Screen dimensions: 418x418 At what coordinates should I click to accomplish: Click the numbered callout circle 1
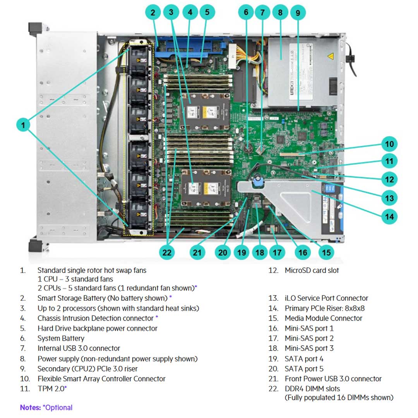pyautogui.click(x=24, y=125)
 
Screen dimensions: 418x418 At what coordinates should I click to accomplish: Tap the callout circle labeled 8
pyautogui.click(x=280, y=12)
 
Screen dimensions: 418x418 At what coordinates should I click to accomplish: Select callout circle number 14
pyautogui.click(x=389, y=216)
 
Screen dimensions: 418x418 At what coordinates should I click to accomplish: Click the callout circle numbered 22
pyautogui.click(x=167, y=252)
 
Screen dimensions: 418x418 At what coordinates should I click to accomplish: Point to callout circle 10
pyautogui.click(x=389, y=144)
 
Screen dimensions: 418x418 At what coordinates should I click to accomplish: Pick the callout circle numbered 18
pyautogui.click(x=260, y=253)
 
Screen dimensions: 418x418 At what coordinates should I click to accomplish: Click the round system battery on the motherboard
pyautogui.click(x=249, y=147)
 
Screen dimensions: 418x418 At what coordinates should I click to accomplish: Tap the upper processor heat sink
pyautogui.click(x=204, y=112)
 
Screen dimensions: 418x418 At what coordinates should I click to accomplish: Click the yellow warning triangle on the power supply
pyautogui.click(x=331, y=57)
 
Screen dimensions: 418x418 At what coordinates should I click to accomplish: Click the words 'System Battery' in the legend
pyautogui.click(x=60, y=338)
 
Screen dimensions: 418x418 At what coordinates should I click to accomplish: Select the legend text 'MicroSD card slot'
pyautogui.click(x=312, y=270)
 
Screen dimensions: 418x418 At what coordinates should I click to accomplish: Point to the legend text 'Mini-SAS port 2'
pyautogui.click(x=309, y=338)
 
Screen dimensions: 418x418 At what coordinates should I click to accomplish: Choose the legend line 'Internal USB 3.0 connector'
pyautogui.click(x=79, y=348)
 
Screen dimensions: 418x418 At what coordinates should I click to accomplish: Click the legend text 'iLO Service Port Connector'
pyautogui.click(x=326, y=298)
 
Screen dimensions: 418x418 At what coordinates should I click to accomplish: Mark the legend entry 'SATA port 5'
pyautogui.click(x=304, y=368)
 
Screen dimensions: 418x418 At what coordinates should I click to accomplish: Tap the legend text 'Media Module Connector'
pyautogui.click(x=323, y=318)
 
